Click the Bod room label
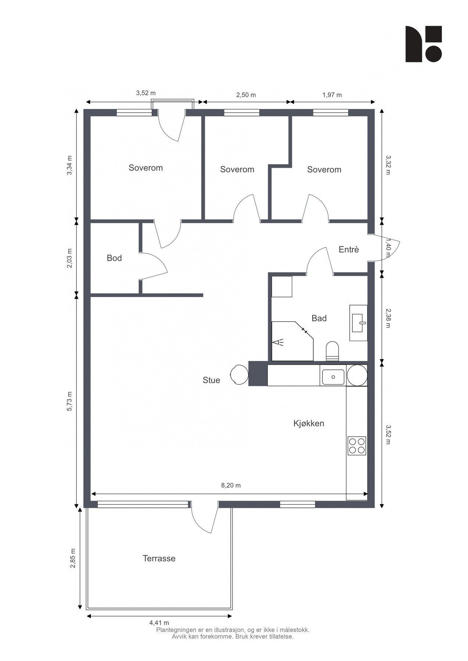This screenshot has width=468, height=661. coord(114,258)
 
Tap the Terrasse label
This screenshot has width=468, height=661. coord(159,559)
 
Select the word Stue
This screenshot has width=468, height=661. coord(211,380)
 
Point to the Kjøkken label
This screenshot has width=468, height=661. coord(309,423)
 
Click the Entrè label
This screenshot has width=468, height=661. coord(349,249)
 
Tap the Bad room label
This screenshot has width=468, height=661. coord(319,318)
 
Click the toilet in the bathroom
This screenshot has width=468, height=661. coord(332,351)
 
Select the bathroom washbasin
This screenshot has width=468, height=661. coord(358,323)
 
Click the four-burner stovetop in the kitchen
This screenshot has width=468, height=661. coord(357,446)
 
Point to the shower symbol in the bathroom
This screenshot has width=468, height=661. coord(279,342)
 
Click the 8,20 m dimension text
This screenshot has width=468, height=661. coord(231,485)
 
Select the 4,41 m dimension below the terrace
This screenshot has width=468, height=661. coord(159,622)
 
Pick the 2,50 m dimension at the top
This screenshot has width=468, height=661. coord(246,95)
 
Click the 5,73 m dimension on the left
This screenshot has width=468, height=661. coord(70,401)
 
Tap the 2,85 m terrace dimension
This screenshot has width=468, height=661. coord(73,559)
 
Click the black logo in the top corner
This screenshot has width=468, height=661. coord(424,44)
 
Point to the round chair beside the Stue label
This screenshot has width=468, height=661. coord(239,375)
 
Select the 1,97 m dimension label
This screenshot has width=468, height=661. coord(332,95)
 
